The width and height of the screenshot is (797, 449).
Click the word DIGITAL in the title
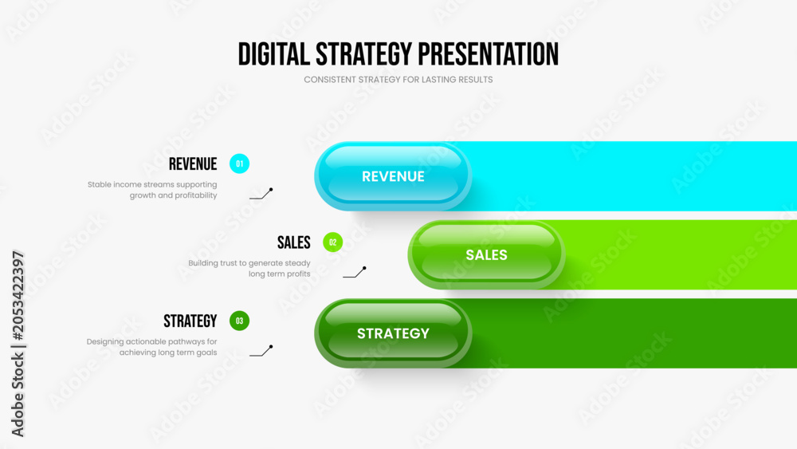click(274, 54)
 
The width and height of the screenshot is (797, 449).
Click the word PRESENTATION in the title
click(489, 54)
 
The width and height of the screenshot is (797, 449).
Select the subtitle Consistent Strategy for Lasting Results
click(398, 80)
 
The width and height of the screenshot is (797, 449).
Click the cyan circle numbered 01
click(239, 163)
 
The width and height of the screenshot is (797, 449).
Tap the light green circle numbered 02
click(333, 242)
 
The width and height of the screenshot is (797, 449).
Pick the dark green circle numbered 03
click(239, 321)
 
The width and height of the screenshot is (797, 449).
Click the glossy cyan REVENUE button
click(393, 176)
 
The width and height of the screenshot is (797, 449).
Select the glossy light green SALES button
click(486, 254)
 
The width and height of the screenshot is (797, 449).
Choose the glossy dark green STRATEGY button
click(393, 333)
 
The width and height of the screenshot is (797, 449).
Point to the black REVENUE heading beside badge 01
click(193, 164)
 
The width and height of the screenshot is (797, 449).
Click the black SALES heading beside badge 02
click(294, 242)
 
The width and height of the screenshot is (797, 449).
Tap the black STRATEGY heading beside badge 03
click(190, 321)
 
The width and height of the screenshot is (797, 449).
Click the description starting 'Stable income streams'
click(152, 190)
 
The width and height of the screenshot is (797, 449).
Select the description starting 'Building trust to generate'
click(249, 269)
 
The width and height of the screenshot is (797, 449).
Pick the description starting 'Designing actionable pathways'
click(151, 347)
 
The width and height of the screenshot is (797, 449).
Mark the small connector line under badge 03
click(261, 352)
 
